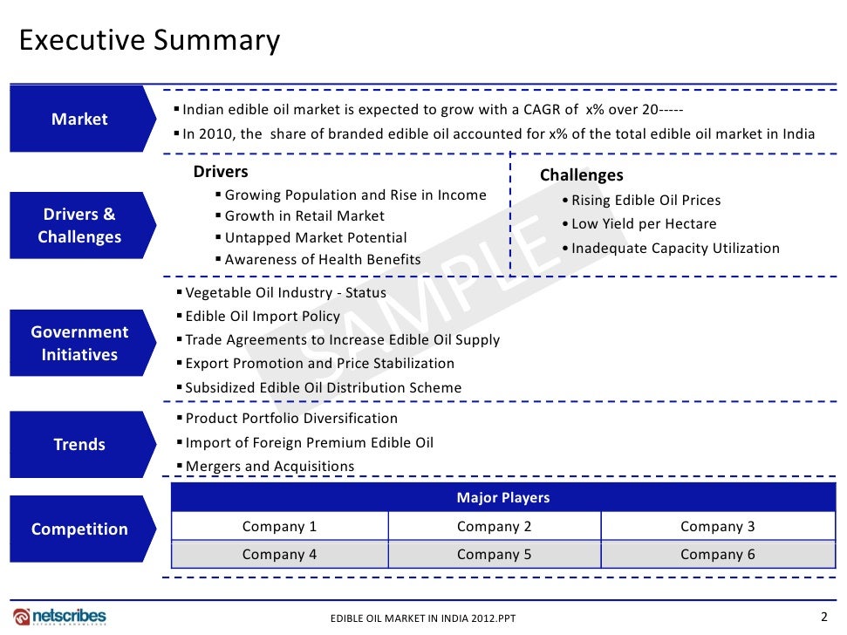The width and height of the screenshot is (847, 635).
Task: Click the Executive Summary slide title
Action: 149,40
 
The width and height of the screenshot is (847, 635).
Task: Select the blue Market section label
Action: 79,119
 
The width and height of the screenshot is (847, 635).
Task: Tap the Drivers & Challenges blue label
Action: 79,225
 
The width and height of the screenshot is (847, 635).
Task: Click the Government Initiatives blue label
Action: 79,343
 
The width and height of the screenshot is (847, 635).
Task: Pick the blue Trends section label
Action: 79,444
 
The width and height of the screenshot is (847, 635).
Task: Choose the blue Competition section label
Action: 79,529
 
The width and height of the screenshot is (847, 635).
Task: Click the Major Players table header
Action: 502,497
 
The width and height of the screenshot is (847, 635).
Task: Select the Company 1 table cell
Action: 279,526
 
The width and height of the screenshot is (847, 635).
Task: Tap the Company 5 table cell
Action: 494,554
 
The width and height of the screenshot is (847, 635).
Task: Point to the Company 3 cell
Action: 717,526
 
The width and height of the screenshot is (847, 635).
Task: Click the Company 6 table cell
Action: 717,554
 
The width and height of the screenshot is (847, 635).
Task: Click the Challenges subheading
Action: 581,175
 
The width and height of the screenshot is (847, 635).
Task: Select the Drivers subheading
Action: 221,172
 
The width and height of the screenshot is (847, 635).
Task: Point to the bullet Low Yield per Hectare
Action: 644,224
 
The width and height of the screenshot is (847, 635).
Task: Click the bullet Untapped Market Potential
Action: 315,237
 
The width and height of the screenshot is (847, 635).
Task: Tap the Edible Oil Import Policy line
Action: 262,316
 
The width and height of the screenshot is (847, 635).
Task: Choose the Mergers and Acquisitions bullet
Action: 270,466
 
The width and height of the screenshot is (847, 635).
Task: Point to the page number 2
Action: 824,616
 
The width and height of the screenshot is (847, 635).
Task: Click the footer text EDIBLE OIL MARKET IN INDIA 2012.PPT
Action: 423,618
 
